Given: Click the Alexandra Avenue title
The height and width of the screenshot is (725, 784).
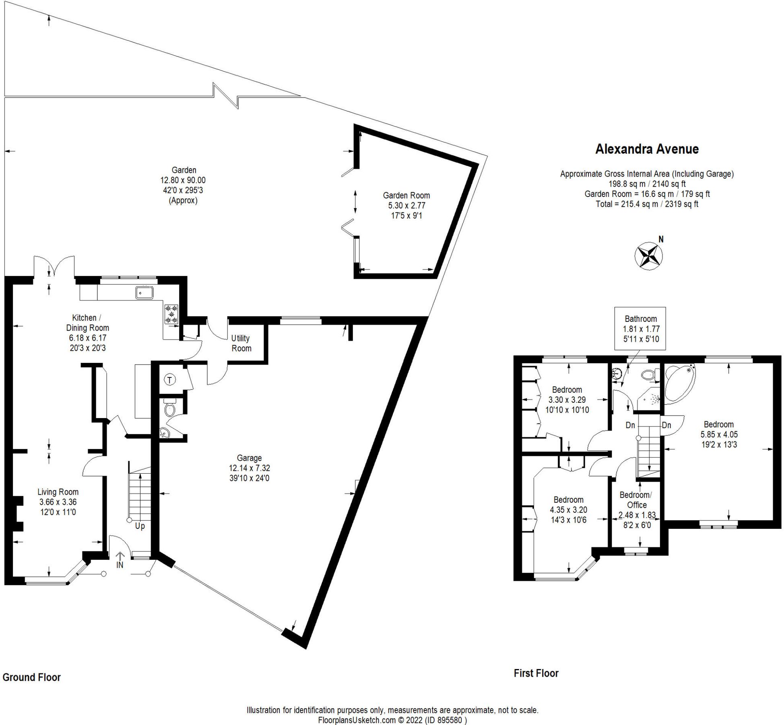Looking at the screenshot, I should click(647, 149).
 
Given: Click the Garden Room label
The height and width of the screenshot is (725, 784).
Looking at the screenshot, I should click(406, 195).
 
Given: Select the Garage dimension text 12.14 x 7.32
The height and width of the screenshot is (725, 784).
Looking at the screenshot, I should click(249, 468).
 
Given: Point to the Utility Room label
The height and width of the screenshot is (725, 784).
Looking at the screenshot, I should click(241, 343).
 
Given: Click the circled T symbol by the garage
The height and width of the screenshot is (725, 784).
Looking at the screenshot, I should click(170, 379).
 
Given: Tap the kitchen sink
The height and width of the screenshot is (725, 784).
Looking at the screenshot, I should click(144, 293).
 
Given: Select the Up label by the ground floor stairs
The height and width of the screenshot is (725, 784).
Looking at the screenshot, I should click(140, 526).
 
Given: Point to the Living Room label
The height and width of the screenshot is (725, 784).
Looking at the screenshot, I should click(58, 492).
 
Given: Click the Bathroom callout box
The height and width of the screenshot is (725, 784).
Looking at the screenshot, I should click(640, 328).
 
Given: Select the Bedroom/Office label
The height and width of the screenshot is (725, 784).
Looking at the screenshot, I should click(635, 500).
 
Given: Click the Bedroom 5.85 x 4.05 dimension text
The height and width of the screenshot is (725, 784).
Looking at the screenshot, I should click(719, 435).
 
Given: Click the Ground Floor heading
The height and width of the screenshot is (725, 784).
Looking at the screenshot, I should click(31, 677).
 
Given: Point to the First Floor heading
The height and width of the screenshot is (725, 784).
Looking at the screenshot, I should click(536, 673).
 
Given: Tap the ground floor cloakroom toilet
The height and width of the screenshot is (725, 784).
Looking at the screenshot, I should click(170, 409).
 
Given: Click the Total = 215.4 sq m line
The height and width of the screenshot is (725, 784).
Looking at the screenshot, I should click(646, 204).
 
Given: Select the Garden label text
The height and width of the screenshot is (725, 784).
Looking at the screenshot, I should click(184, 170).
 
